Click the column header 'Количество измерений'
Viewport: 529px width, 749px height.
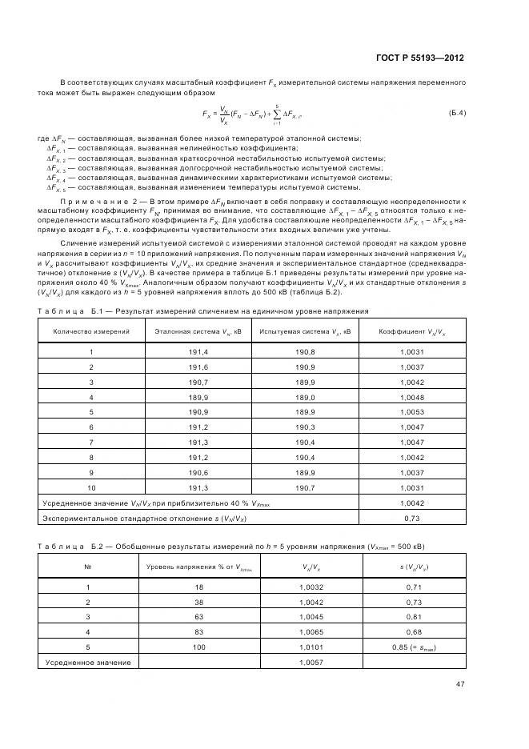coord(90,330)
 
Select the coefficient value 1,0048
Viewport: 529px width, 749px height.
coord(411,397)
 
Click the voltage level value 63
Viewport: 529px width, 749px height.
coord(198,616)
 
